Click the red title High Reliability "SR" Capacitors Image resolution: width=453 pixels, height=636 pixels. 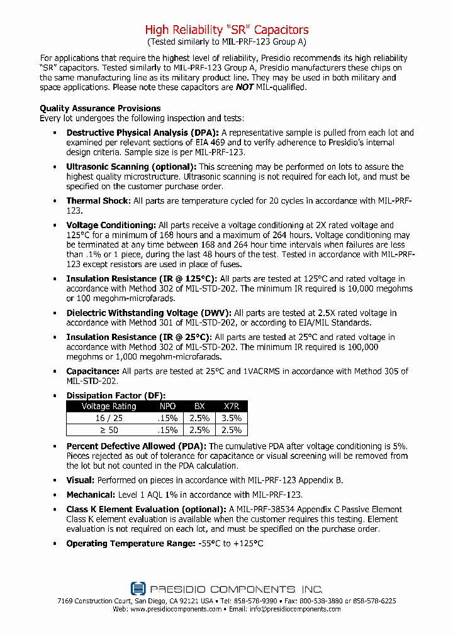tap(226, 30)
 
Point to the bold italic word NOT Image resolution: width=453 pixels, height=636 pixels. tap(245, 87)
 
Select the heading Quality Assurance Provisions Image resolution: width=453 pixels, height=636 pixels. tap(100, 108)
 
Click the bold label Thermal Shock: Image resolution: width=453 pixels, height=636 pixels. tap(99, 201)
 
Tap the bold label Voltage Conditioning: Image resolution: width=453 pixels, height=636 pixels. tap(111, 225)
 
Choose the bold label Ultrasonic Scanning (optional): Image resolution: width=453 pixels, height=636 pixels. tap(131, 167)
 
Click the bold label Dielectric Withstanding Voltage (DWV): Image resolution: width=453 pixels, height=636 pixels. tap(149, 312)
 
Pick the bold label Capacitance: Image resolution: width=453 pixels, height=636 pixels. tap(92, 371)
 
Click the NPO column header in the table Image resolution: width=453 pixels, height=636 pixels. tap(168, 406)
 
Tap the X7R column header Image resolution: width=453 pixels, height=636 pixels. tap(232, 406)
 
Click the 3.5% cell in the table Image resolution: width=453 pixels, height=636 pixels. tap(232, 418)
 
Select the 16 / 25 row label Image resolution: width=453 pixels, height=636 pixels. tap(109, 418)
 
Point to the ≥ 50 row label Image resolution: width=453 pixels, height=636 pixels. tap(109, 430)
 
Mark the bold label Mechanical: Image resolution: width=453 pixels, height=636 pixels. tap(91, 495)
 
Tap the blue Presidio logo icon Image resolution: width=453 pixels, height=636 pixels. tap(138, 589)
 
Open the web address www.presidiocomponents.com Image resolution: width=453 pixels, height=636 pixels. tap(176, 609)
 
